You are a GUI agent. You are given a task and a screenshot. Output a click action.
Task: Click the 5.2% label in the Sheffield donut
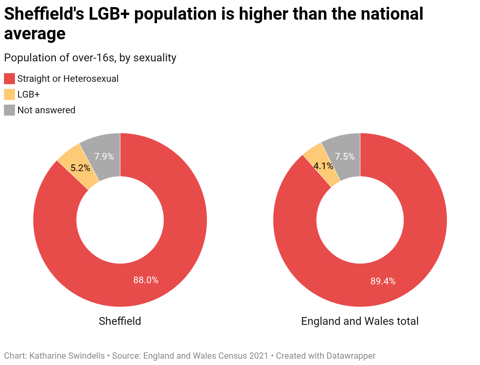(80, 168)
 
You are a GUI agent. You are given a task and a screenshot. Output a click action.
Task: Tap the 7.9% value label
(104, 157)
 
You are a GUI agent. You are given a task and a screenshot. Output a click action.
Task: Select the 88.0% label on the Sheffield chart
(146, 280)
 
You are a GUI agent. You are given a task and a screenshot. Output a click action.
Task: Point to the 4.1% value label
(323, 166)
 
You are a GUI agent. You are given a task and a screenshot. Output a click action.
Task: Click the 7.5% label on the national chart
(345, 157)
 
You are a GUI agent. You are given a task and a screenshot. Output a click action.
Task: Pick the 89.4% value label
(383, 281)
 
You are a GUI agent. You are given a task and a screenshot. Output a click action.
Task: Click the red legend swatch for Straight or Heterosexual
(9, 79)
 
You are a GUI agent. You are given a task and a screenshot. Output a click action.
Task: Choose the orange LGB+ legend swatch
(9, 94)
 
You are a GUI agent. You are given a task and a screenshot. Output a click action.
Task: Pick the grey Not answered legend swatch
(9, 110)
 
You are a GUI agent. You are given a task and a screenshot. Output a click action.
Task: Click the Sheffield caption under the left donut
(120, 321)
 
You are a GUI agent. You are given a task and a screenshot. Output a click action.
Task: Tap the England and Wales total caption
(360, 321)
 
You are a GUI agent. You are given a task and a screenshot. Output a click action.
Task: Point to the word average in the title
(35, 34)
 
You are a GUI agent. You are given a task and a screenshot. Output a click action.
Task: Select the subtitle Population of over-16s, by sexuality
(90, 57)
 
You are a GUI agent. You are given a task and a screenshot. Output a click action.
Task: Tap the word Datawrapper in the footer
(351, 356)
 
